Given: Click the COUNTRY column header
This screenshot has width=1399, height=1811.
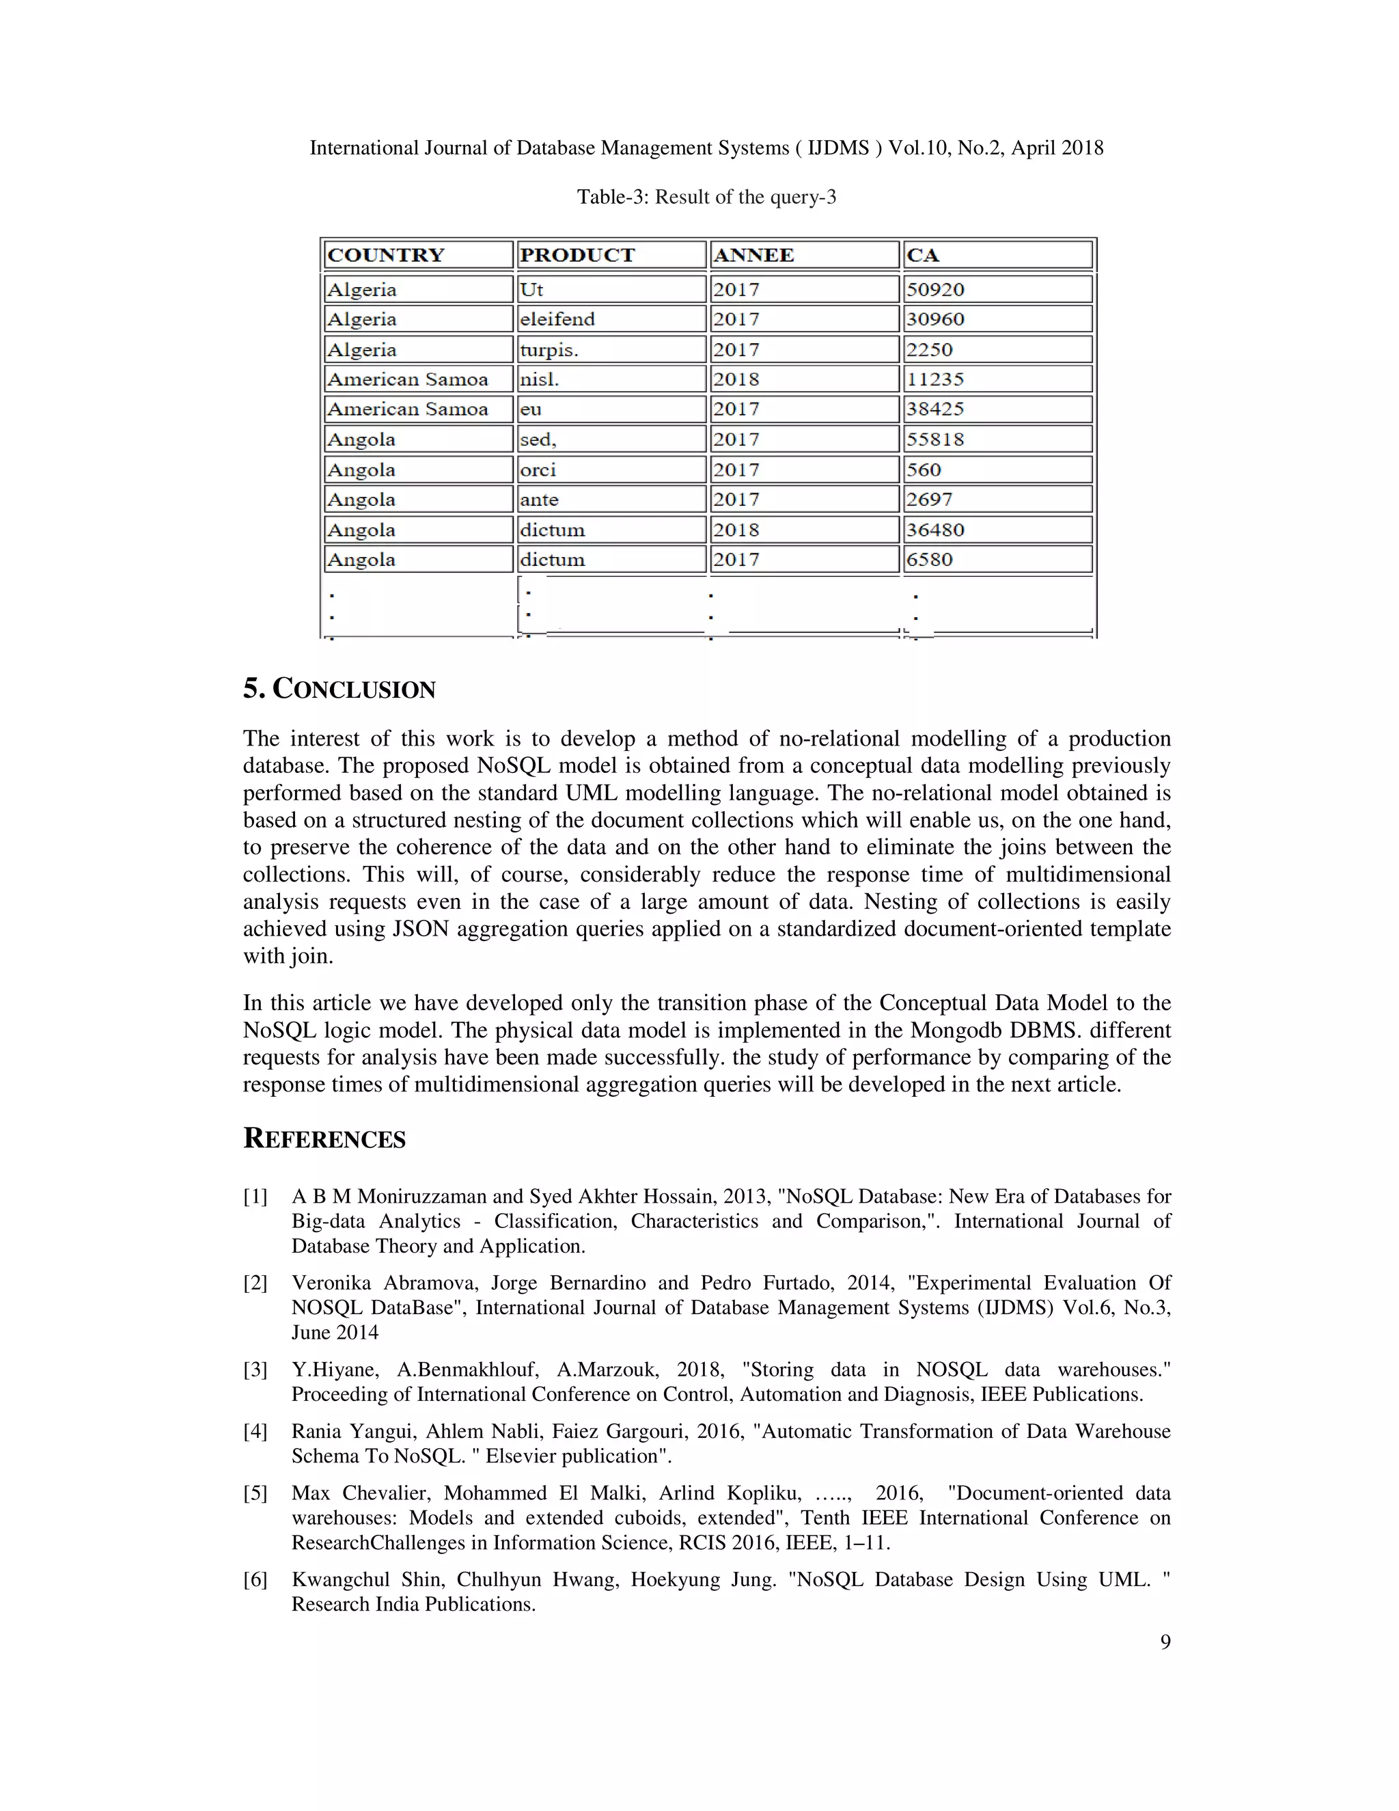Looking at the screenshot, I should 386,256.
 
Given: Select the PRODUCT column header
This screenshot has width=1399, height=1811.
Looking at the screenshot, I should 578,256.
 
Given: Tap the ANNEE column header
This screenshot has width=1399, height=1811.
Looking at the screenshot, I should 753,256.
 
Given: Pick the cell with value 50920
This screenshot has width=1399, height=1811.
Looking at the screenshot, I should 935,289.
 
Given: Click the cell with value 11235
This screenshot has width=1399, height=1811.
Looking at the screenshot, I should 935,380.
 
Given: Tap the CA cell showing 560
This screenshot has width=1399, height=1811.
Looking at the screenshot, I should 924,470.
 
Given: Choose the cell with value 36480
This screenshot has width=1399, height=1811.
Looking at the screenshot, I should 935,530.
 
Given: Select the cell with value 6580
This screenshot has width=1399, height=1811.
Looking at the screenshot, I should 929,560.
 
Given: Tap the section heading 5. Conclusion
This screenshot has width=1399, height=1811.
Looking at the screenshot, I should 339,689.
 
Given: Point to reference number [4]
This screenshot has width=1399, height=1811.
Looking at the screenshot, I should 255,1431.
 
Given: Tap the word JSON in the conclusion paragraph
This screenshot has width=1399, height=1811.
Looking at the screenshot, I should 420,929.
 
